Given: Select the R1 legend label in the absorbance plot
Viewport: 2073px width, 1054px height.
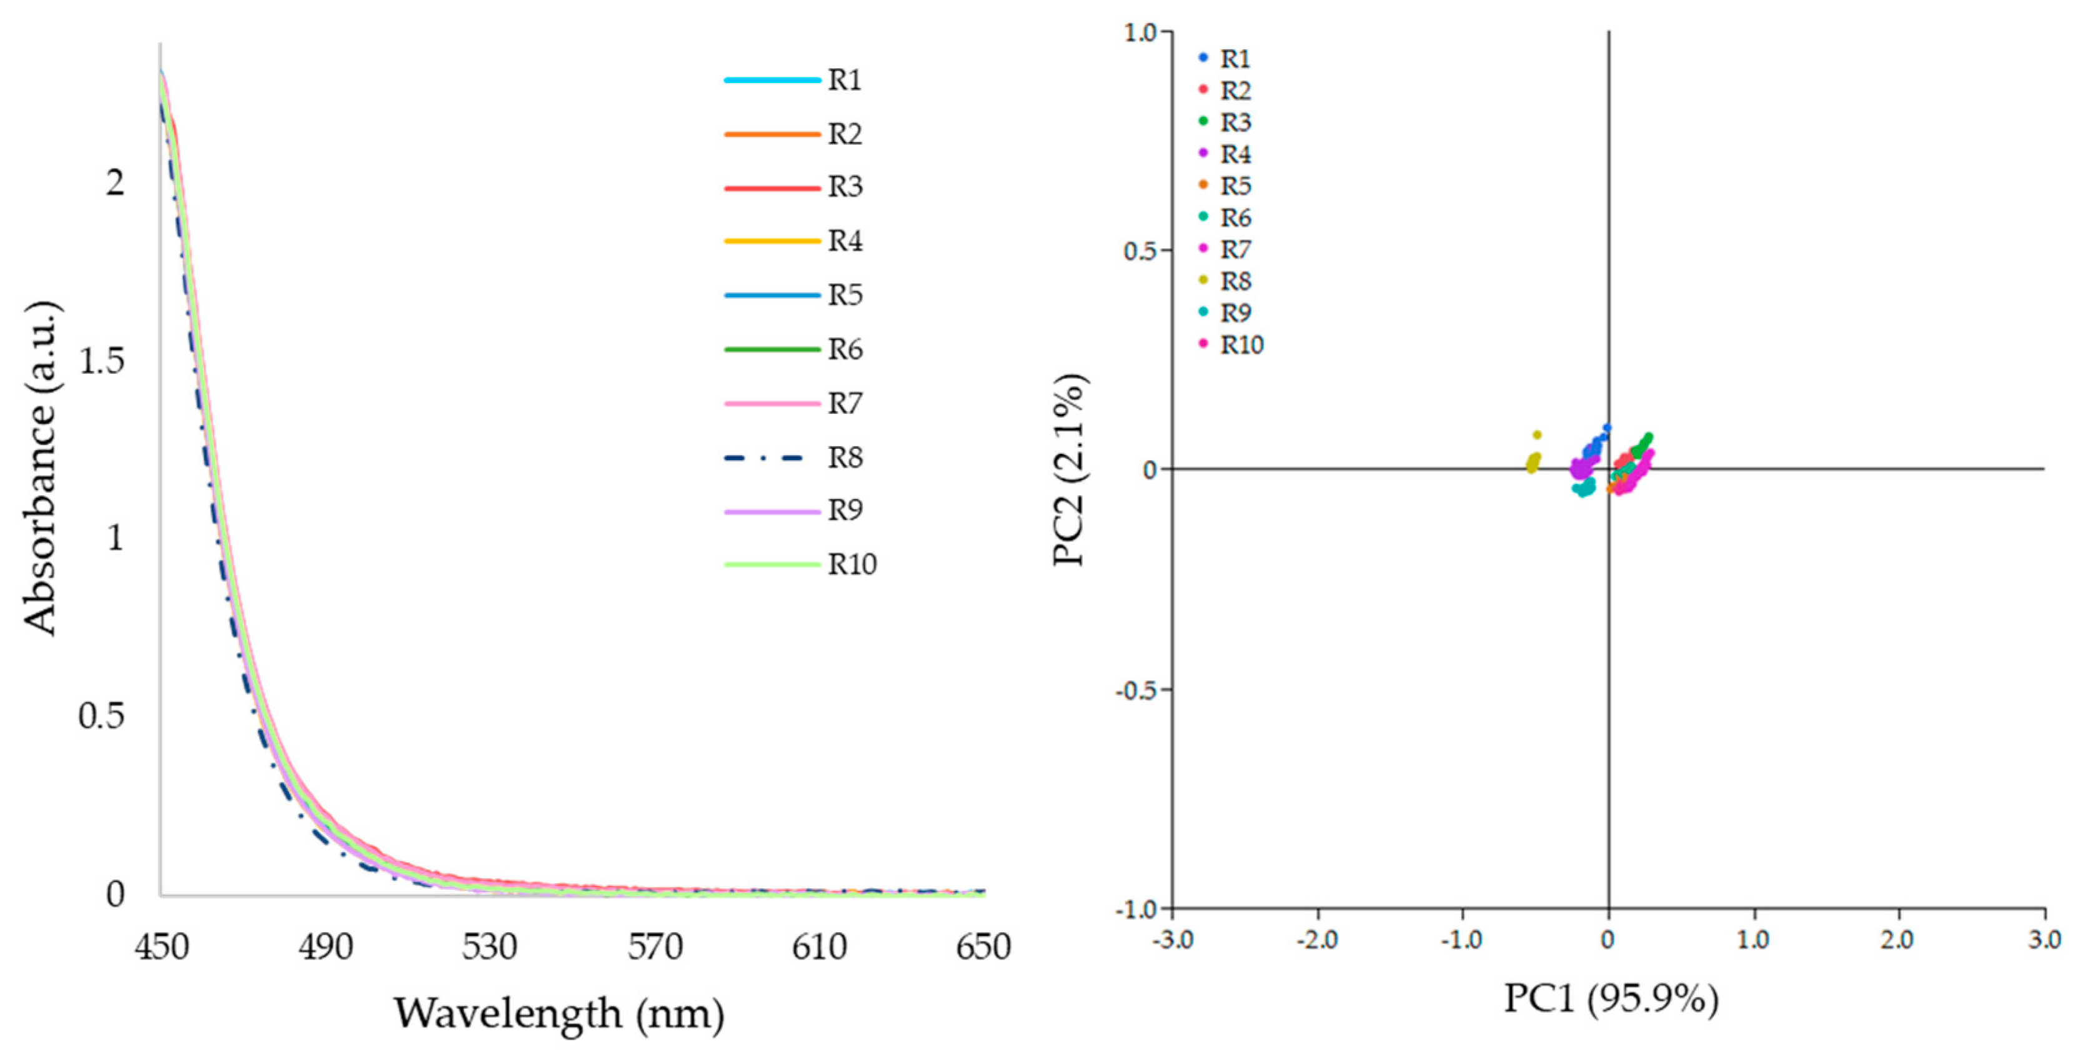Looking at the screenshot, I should [x=845, y=81].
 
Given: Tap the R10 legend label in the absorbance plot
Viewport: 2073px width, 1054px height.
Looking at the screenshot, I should [x=852, y=565].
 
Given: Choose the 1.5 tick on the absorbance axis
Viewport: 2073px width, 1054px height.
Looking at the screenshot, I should [x=102, y=361].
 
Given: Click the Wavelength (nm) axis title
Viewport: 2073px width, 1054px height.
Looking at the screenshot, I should [x=559, y=1014].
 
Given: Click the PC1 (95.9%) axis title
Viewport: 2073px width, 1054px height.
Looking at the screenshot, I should [x=1611, y=999].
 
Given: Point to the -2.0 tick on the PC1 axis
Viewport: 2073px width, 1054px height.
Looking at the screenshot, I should [x=1318, y=940].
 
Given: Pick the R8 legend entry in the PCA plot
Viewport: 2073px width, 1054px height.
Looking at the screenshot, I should [x=1235, y=281].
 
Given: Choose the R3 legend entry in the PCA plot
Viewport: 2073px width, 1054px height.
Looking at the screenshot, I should [x=1235, y=123].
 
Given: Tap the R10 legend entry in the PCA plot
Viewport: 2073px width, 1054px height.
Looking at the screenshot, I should [x=1241, y=344].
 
